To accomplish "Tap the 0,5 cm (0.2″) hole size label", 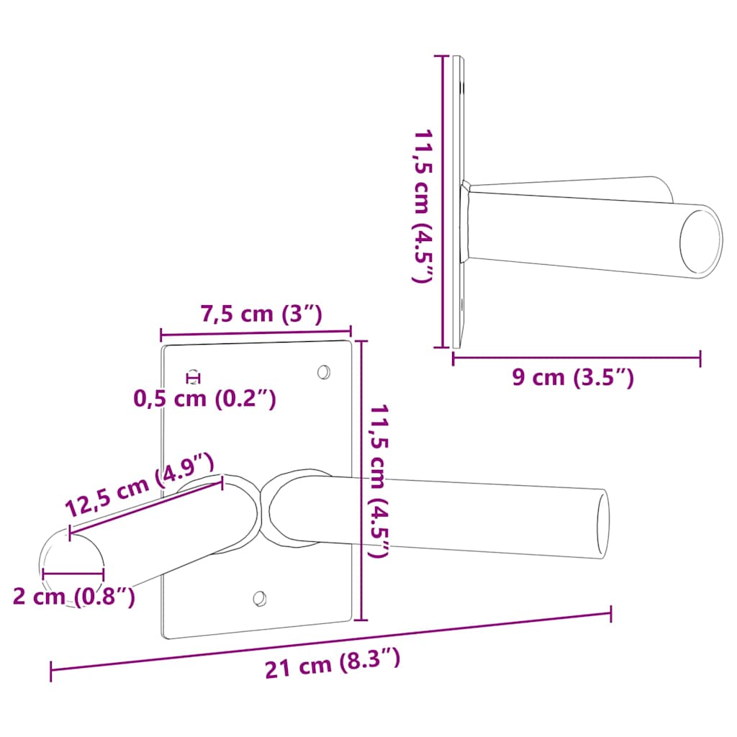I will pyautogui.click(x=205, y=398).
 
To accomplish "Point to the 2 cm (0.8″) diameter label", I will pyautogui.click(x=73, y=597).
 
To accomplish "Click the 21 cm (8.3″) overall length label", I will pyautogui.click(x=333, y=664).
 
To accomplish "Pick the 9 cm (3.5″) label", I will pyautogui.click(x=573, y=377).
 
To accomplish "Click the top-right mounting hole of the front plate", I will pyautogui.click(x=324, y=372).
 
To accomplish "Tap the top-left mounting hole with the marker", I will pyautogui.click(x=193, y=376).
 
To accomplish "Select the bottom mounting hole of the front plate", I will pyautogui.click(x=260, y=598).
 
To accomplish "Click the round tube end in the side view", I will pyautogui.click(x=700, y=241).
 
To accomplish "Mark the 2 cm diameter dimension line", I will pyautogui.click(x=73, y=574).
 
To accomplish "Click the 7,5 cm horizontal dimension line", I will pyautogui.click(x=256, y=333).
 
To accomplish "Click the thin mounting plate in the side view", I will pyautogui.click(x=458, y=202).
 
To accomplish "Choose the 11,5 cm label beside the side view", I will pyautogui.click(x=422, y=205).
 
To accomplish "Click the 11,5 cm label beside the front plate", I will pyautogui.click(x=379, y=481).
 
